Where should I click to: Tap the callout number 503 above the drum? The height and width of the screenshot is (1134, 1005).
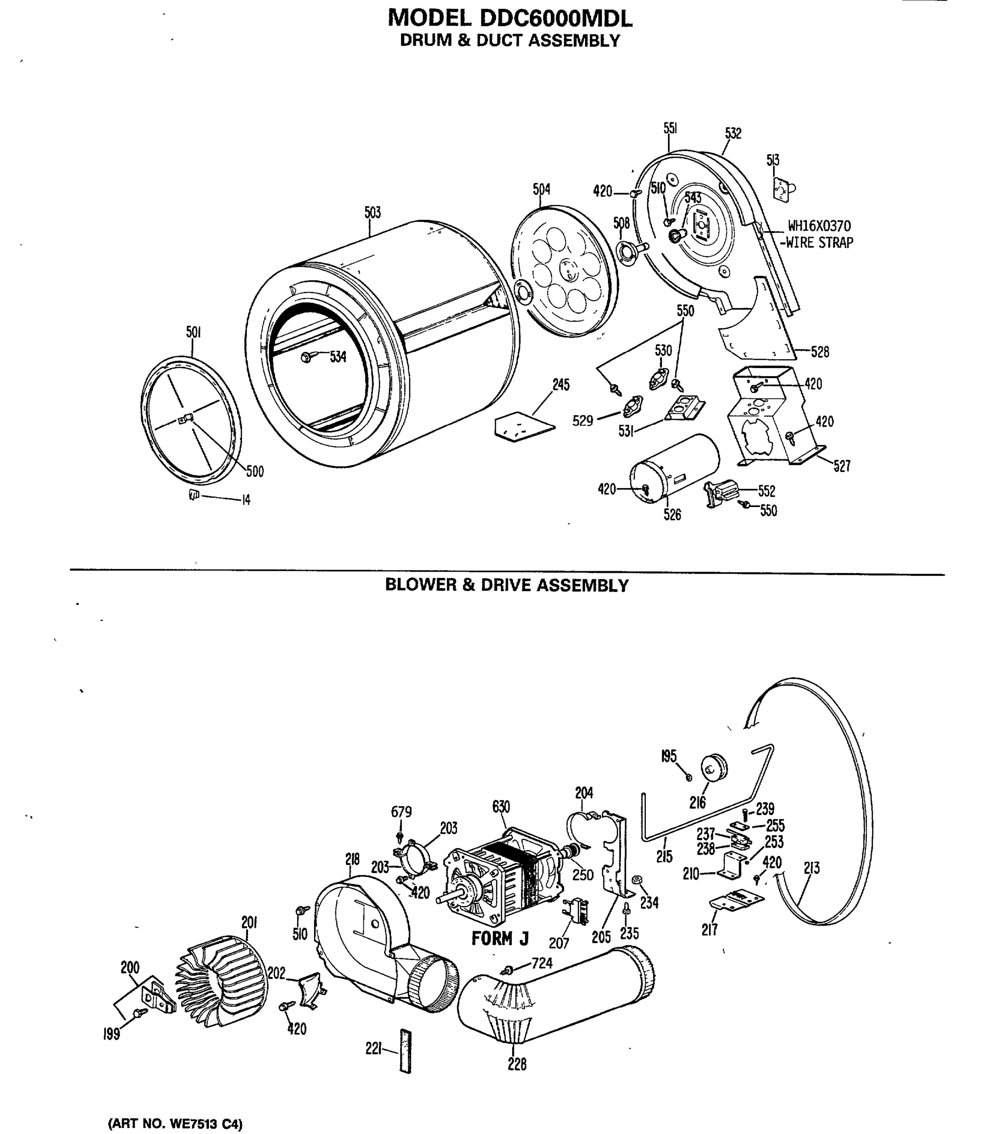click(372, 213)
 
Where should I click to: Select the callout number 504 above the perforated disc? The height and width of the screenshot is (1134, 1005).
click(541, 189)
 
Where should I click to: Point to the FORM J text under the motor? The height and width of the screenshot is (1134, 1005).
click(500, 939)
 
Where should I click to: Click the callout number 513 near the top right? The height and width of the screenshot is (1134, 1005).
click(773, 160)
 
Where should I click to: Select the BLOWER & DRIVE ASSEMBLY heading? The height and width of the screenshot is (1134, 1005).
click(507, 585)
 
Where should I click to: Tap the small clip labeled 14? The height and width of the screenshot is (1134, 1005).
click(194, 494)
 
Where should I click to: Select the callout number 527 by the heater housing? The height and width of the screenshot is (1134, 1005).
click(842, 466)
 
